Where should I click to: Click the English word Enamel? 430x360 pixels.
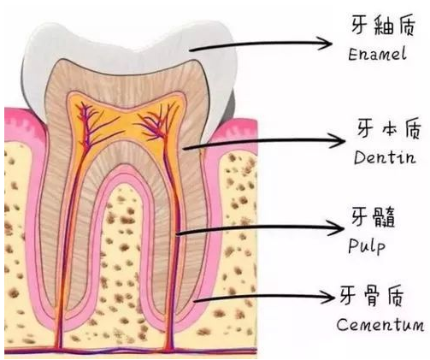click(x=377, y=54)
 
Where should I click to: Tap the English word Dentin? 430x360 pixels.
click(x=385, y=157)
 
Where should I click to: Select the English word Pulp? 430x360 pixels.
click(x=367, y=245)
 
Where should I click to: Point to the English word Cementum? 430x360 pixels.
click(x=380, y=324)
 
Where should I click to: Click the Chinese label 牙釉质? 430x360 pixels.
click(x=383, y=25)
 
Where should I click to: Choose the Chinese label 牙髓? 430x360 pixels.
click(x=373, y=216)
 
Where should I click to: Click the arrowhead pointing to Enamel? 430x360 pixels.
click(x=332, y=44)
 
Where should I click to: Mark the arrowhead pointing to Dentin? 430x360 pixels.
click(x=345, y=140)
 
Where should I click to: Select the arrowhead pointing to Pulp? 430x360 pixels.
click(x=343, y=227)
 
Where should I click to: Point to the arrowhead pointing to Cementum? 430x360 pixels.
click(x=333, y=298)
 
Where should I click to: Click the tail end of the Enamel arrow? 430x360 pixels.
click(x=191, y=50)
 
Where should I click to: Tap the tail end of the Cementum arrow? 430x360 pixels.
click(x=194, y=300)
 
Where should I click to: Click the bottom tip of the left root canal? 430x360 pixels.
click(x=58, y=347)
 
